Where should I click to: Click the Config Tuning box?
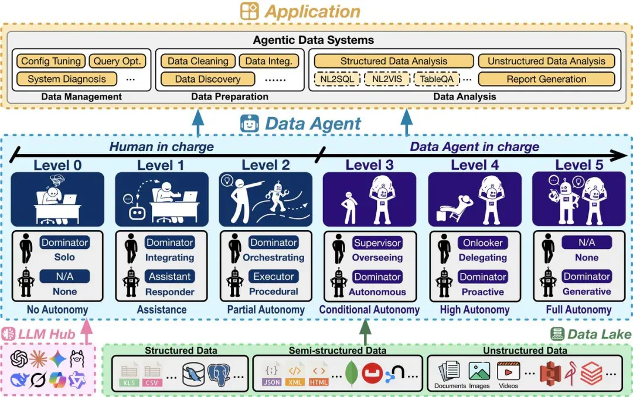click(x=51, y=61)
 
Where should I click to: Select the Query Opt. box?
click(x=117, y=61)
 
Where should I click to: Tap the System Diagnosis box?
click(x=67, y=79)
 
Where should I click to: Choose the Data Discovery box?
click(x=207, y=79)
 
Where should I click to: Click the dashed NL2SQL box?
click(x=337, y=79)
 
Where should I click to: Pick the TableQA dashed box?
click(x=437, y=79)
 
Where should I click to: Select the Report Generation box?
click(x=546, y=79)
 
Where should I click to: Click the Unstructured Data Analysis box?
click(x=546, y=61)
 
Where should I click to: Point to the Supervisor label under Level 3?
click(x=377, y=242)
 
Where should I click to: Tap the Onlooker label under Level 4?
click(x=483, y=242)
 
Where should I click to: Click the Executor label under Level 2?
click(x=274, y=276)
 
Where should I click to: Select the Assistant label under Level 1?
click(x=169, y=276)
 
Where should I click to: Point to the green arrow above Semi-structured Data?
click(x=365, y=331)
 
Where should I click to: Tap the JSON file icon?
click(x=271, y=375)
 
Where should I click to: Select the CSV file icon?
click(x=152, y=375)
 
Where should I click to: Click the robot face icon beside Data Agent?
click(x=250, y=124)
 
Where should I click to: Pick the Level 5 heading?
click(x=579, y=165)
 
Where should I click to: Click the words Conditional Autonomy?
click(x=369, y=309)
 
